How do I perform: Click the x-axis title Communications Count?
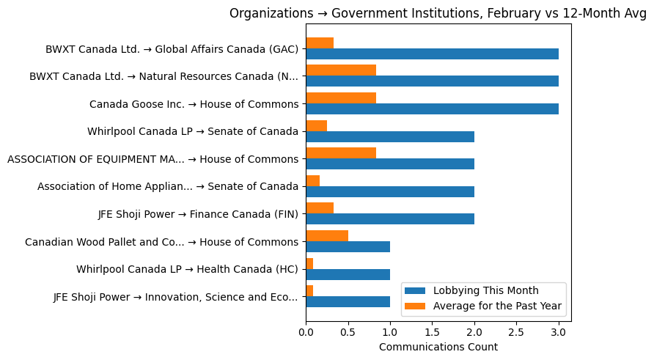pos(438,347)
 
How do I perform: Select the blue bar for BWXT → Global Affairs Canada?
pos(432,54)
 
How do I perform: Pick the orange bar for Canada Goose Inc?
pos(341,98)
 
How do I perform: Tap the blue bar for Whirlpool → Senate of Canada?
pos(390,136)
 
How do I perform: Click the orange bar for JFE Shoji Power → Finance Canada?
pos(320,208)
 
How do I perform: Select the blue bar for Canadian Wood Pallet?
pos(348,246)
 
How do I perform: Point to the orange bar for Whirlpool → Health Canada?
pos(309,263)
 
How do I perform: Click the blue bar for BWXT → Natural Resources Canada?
pos(432,81)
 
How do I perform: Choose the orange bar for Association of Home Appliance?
pos(312,180)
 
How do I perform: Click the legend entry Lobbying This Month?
pos(485,290)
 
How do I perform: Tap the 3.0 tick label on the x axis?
pos(559,332)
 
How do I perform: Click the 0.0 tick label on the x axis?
pos(306,332)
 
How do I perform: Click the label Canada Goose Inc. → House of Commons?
pos(194,104)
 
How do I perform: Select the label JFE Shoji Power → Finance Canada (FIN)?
pos(198,214)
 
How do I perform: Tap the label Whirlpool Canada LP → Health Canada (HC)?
pos(187,269)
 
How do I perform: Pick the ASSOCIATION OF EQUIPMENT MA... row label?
pos(153,159)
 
